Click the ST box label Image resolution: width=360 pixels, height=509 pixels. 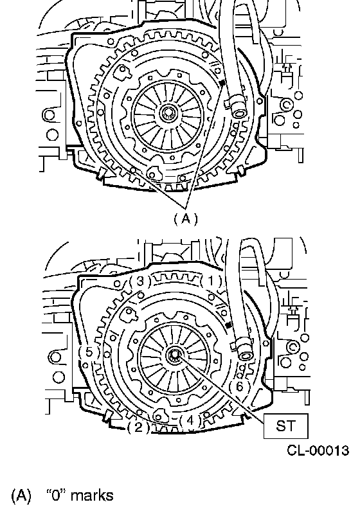tap(285, 426)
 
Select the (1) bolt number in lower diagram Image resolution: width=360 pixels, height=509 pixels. tap(211, 281)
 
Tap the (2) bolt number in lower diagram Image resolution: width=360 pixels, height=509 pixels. tap(138, 427)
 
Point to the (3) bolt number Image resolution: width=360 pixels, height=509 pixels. tap(140, 281)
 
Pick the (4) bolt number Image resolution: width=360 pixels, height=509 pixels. tap(190, 421)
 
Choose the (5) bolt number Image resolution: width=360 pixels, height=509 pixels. tap(89, 353)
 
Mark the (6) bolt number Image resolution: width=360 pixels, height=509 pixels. tap(239, 387)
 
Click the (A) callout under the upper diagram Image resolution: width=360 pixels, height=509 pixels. tap(186, 219)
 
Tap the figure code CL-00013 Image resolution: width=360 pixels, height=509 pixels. tap(318, 451)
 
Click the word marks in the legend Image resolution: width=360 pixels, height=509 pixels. tap(92, 496)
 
